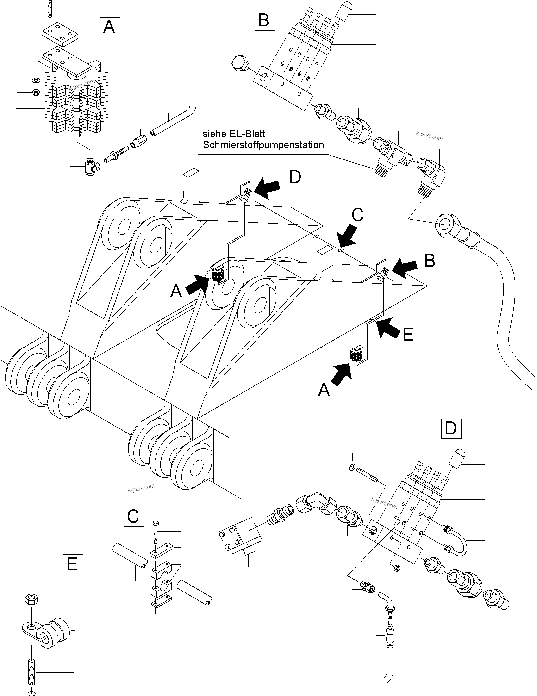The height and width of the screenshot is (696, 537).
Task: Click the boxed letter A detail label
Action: pyautogui.click(x=110, y=27)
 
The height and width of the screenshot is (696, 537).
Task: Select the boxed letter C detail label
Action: pyautogui.click(x=133, y=516)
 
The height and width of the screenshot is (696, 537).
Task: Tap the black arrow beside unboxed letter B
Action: pyautogui.click(x=404, y=268)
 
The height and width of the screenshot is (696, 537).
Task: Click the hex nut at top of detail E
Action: pyautogui.click(x=31, y=600)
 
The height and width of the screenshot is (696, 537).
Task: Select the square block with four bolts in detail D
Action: pyautogui.click(x=240, y=538)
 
